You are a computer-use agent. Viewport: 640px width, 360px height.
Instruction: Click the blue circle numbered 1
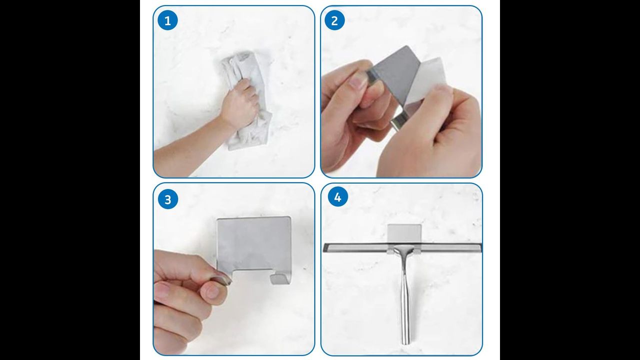point(167,20)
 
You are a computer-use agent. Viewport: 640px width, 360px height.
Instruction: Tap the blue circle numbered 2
point(334,20)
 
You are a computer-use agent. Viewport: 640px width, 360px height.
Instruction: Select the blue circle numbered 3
point(167,199)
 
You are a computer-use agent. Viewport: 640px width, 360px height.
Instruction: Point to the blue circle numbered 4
point(337,197)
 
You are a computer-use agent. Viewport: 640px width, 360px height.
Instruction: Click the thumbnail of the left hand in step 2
point(357,81)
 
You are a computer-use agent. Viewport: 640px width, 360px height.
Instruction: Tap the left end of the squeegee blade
point(324,247)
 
